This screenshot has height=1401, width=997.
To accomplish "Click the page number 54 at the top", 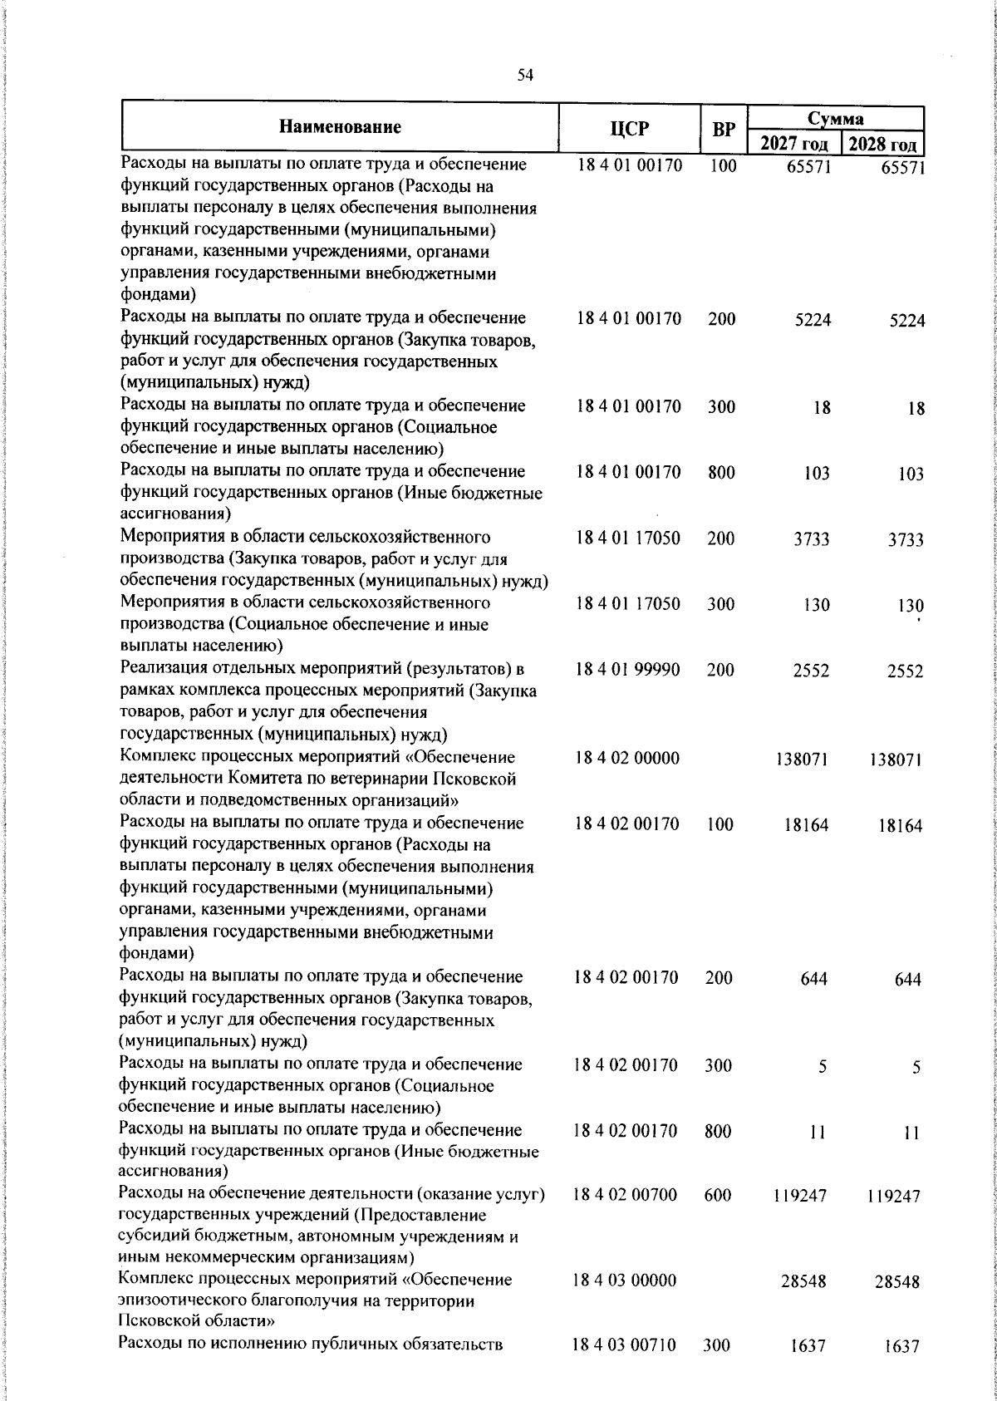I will click(x=524, y=76).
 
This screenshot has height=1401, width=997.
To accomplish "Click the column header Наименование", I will click(x=340, y=127).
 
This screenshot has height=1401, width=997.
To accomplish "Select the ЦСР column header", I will click(x=629, y=128).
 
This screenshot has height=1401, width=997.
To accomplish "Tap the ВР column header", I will click(x=724, y=129).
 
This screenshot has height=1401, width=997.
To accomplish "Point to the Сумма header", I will click(x=835, y=119).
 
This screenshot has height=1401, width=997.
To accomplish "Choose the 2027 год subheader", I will click(x=793, y=145).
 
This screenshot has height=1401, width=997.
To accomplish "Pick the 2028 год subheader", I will click(x=882, y=145).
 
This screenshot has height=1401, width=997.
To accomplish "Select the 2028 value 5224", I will click(x=904, y=322).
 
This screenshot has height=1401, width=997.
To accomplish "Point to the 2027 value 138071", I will click(x=802, y=759).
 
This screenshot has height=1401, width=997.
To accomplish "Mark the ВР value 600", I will click(x=717, y=1195).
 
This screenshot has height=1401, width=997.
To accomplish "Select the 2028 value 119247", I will click(x=893, y=1197).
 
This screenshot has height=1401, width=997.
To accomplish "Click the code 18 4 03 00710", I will click(x=625, y=1345).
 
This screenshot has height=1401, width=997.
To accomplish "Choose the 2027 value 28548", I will click(x=803, y=1281).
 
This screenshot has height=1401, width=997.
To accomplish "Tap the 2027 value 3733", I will click(x=809, y=539).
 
